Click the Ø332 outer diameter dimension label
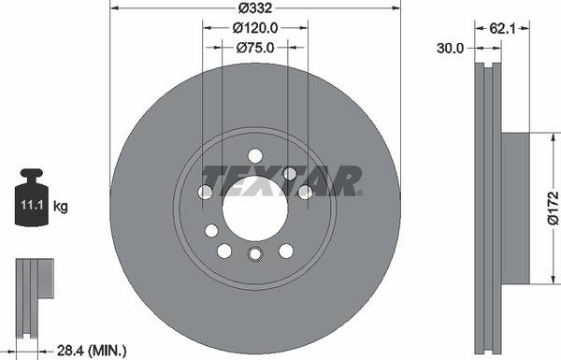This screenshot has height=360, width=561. (255, 8)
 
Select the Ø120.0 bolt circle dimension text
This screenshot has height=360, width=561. (255, 29)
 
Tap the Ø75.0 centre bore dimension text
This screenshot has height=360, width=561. (255, 48)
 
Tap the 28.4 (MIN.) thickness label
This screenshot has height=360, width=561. (91, 350)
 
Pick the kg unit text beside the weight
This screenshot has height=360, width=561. (61, 205)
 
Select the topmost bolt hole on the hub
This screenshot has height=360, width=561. (255, 155)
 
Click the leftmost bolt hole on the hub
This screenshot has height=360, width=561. (206, 193)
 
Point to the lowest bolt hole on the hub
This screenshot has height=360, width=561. (254, 254)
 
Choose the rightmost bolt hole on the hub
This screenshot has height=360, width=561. (304, 192)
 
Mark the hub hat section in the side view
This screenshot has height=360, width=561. (515, 208)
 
